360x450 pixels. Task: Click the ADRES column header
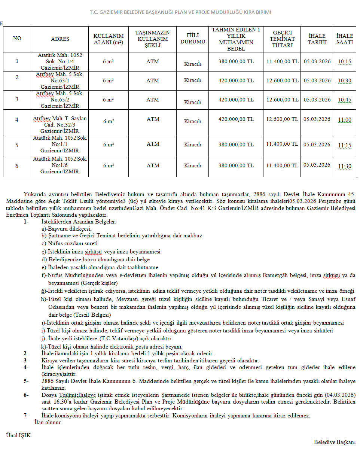tap(60, 39)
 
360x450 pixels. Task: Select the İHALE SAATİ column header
tap(344, 39)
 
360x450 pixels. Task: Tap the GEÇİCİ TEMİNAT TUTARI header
tap(282, 39)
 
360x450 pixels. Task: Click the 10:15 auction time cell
tap(344, 61)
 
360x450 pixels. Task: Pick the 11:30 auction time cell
tap(344, 166)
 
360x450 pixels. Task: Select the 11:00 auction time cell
tap(344, 120)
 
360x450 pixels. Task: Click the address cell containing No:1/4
tap(60, 61)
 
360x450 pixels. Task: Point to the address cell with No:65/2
tap(60, 100)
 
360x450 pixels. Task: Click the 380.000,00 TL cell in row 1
tap(236, 61)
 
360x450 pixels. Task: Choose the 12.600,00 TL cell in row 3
tap(282, 100)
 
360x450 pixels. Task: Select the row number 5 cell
tap(17, 145)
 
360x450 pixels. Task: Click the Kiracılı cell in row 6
tap(193, 165)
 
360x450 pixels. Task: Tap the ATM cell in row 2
tap(153, 80)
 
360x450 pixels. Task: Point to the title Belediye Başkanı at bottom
tap(335, 442)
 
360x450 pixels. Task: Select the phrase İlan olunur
tap(48, 422)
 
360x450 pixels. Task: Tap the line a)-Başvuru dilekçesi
tap(67, 229)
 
